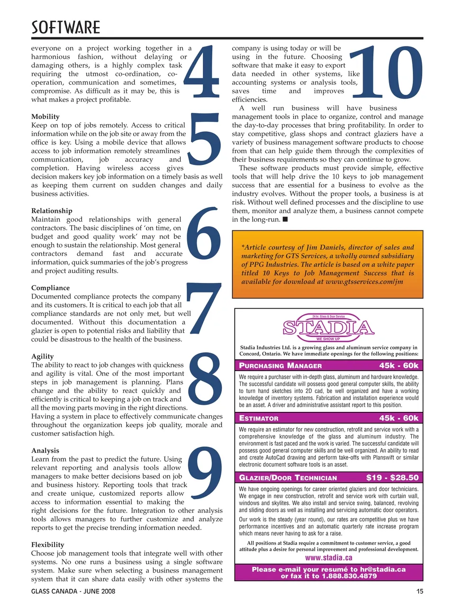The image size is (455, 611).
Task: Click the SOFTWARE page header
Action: tap(66, 27)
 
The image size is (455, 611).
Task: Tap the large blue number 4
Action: tap(203, 72)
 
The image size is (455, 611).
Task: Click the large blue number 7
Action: tap(204, 308)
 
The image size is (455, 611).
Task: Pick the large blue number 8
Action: tap(205, 379)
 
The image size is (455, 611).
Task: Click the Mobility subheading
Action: tap(45, 117)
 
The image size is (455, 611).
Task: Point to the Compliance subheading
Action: tap(50, 288)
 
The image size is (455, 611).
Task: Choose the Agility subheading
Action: tap(43, 356)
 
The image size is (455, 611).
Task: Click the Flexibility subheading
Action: tap(47, 545)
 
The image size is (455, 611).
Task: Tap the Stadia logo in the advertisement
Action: tap(328, 328)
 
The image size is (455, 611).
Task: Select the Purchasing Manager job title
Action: tap(280, 365)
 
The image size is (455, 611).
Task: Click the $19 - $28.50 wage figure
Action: tap(392, 477)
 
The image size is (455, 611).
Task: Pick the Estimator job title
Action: tap(259, 418)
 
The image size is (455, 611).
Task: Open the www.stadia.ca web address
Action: tap(328, 557)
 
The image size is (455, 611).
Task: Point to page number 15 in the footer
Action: tap(419, 591)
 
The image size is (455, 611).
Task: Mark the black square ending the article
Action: tap(285, 219)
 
